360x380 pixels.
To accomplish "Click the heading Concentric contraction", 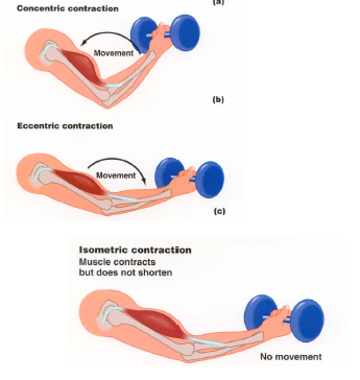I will pos(67,9).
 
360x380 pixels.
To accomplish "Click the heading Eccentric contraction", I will pos(65,126).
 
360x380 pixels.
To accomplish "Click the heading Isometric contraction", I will pos(135,250).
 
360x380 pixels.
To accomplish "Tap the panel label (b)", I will pos(218,100).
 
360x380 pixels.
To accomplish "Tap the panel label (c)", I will pos(219,211).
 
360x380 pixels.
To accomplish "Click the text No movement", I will pos(291,357).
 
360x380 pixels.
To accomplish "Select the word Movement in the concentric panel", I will pos(114,53).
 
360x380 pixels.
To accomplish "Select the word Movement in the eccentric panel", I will pos(116,175).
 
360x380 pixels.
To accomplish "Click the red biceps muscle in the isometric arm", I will pos(155,323).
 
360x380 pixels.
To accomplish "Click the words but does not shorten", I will pos(125,272).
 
